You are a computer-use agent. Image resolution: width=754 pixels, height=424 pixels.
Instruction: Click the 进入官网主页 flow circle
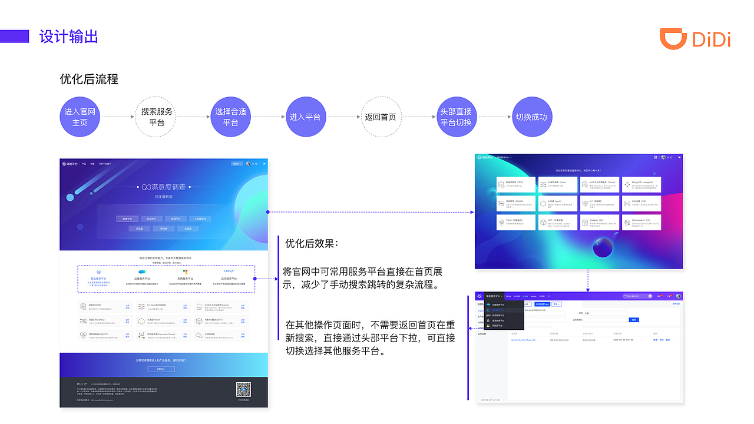80,117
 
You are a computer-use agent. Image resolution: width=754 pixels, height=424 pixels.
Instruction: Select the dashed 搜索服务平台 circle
157,117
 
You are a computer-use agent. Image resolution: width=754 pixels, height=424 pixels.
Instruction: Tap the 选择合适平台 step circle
230,117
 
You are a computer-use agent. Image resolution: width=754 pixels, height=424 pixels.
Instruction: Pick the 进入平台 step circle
305,117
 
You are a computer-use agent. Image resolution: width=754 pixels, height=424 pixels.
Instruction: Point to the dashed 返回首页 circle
381,117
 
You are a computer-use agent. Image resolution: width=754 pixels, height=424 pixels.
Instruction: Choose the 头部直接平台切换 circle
456,117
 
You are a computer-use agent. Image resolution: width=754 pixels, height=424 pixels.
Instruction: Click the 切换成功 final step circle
531,117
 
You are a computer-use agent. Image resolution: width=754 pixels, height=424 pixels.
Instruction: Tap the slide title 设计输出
68,37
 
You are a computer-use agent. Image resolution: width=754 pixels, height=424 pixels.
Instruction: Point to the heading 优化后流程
89,79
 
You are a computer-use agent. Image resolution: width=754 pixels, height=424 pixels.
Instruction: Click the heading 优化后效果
312,243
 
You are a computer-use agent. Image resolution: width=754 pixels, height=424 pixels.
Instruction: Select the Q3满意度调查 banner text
163,187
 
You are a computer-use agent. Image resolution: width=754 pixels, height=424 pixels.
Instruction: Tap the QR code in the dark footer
243,390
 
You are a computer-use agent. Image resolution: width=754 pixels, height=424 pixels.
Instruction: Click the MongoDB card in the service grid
641,184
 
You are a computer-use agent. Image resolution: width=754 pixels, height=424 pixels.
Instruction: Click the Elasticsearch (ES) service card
641,222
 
